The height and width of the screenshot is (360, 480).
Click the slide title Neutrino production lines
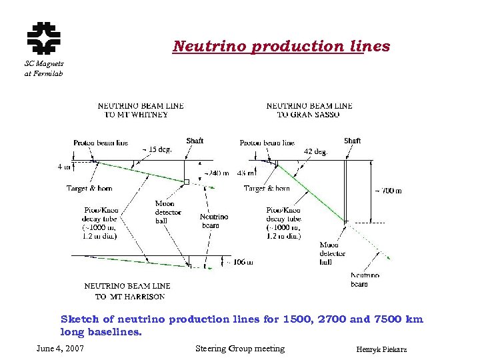[x=281, y=47]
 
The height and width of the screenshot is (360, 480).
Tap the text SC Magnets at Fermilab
[x=43, y=68]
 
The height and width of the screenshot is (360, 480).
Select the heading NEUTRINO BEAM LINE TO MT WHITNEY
[x=141, y=110]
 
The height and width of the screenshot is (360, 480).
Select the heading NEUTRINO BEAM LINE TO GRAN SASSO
[x=309, y=110]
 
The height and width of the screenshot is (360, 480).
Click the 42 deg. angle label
[x=316, y=151]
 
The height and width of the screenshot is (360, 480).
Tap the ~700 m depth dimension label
[x=389, y=190]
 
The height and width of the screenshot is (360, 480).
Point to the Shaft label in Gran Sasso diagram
[x=353, y=141]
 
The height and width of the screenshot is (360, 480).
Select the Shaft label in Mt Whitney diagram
[x=195, y=141]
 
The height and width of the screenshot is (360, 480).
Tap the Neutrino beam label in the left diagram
[x=214, y=221]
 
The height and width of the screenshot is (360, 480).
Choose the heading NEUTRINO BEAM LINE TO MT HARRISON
[x=127, y=291]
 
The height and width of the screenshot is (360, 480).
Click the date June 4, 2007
[x=60, y=349]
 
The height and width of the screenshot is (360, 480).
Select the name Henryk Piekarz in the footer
[x=382, y=350]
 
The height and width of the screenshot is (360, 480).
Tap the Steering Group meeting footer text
[x=240, y=349]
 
